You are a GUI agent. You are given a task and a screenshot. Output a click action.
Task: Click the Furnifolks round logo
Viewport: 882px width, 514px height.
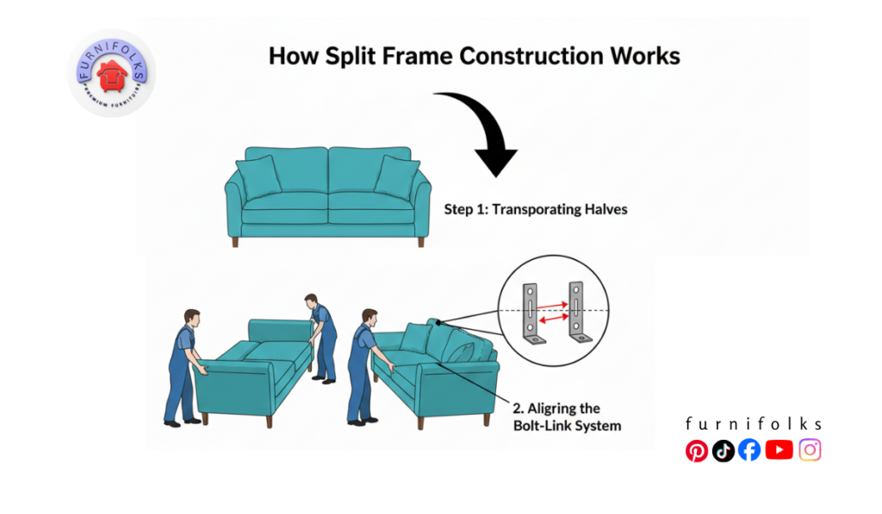click(x=111, y=73)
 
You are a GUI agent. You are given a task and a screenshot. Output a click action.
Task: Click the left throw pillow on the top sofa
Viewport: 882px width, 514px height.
click(x=258, y=177)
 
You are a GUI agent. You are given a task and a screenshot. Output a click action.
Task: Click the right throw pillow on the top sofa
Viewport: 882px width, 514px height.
click(x=397, y=177)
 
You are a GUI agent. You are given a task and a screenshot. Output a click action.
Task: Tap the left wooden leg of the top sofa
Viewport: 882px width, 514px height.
click(x=234, y=243)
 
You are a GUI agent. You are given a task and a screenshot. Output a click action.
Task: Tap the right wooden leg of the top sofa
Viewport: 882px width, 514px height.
click(x=420, y=243)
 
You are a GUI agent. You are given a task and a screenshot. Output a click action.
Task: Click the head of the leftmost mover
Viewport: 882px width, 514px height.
click(x=192, y=318)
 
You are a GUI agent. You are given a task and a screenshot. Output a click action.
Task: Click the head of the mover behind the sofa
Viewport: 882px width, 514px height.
click(x=311, y=302)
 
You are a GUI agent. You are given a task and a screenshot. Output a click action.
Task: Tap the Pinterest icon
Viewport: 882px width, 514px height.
click(x=696, y=450)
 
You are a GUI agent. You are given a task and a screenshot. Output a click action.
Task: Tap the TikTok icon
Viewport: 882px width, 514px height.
click(x=724, y=450)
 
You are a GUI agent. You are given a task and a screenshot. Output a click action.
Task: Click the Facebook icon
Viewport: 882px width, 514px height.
click(x=749, y=450)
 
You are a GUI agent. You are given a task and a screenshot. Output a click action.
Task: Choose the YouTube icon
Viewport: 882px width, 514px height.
click(x=779, y=449)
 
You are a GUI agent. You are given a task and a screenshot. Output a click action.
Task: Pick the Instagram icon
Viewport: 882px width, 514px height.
click(x=810, y=449)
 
